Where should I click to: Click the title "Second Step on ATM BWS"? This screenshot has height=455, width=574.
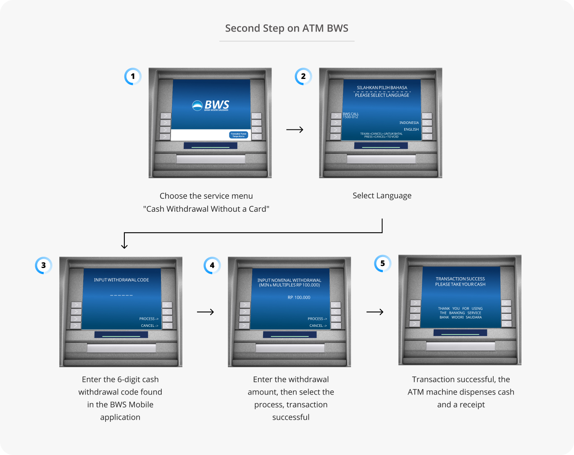(287, 29)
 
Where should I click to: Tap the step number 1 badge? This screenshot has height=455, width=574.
(133, 76)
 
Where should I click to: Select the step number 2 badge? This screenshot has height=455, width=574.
(303, 76)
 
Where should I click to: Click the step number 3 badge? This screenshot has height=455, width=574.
(43, 266)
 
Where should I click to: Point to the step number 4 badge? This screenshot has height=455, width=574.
(212, 266)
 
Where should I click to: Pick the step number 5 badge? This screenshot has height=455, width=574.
(382, 263)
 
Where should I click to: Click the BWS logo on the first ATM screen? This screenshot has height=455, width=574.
(211, 105)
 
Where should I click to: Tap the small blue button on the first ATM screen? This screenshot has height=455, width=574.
(239, 135)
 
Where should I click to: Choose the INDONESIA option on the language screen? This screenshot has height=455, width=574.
(409, 123)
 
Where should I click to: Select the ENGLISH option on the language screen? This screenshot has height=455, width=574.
(411, 129)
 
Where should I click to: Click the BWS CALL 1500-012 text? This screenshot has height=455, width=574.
(350, 116)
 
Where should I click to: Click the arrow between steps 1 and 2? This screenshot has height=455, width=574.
(295, 129)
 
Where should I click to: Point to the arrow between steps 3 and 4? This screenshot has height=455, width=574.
(205, 312)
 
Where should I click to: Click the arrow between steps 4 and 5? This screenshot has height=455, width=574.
(375, 312)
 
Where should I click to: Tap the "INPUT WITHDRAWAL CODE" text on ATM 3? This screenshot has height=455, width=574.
(121, 280)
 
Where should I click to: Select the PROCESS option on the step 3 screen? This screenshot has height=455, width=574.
(149, 319)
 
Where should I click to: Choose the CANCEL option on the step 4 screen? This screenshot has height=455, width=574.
(318, 326)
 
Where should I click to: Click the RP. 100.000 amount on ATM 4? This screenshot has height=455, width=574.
(299, 297)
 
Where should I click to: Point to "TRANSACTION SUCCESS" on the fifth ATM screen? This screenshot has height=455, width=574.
(460, 279)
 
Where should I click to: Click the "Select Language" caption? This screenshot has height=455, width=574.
(382, 196)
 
